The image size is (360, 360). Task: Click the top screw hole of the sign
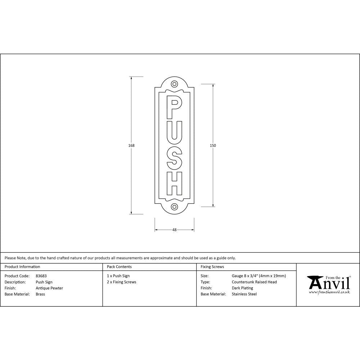[x=175, y=84]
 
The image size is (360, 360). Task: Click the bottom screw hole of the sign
[x=175, y=207]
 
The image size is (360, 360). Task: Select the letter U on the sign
[x=174, y=131]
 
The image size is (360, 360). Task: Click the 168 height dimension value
[x=131, y=145]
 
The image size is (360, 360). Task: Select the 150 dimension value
[x=213, y=145]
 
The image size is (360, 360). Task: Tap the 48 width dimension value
[x=175, y=230]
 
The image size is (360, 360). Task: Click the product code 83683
[x=41, y=276]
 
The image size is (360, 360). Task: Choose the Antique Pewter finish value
[x=49, y=288]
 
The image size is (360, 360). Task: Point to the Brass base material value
[x=40, y=294]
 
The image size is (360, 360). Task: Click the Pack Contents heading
[x=119, y=267]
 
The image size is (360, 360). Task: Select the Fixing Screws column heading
[x=212, y=267]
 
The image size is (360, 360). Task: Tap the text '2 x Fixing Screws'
[x=122, y=282]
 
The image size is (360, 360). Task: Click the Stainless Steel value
[x=244, y=294]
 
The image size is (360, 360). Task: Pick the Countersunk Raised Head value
[x=254, y=282]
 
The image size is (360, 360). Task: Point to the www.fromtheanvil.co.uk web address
[x=329, y=292]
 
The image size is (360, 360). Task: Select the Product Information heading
[x=22, y=267]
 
